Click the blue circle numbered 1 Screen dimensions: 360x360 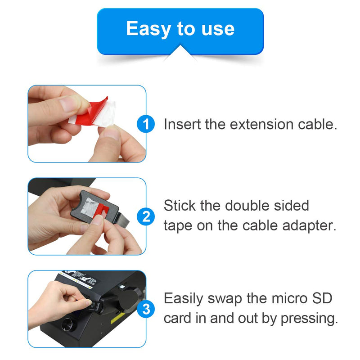click(146, 124)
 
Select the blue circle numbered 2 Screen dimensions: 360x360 click(146, 217)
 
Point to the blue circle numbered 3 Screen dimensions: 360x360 click(146, 309)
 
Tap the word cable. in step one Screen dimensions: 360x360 click(317, 124)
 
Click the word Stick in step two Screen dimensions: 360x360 click(180, 206)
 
